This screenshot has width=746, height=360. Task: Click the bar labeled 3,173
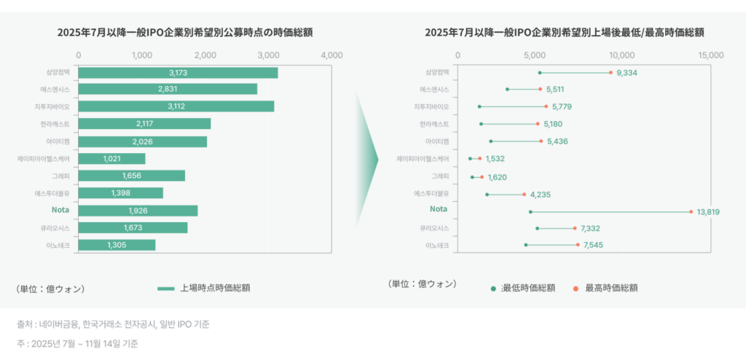pyautogui.click(x=178, y=73)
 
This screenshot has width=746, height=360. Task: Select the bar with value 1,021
pyautogui.click(x=111, y=159)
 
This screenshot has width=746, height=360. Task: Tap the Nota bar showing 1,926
pyautogui.click(x=138, y=211)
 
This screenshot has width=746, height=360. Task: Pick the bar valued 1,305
pyautogui.click(x=117, y=245)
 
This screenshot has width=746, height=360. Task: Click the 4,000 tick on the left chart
pyautogui.click(x=331, y=55)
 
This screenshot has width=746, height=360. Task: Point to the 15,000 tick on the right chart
pyautogui.click(x=711, y=55)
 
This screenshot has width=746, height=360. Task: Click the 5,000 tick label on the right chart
pyautogui.click(x=535, y=55)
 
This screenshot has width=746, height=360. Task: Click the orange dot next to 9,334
pyautogui.click(x=610, y=73)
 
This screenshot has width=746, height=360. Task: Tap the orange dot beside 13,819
pyautogui.click(x=691, y=211)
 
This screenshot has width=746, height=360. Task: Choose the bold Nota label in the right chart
pyautogui.click(x=438, y=209)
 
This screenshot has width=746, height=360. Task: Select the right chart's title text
pyautogui.click(x=564, y=33)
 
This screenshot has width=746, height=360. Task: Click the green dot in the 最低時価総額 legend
pyautogui.click(x=493, y=289)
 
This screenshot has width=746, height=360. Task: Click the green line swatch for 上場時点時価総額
pyautogui.click(x=166, y=289)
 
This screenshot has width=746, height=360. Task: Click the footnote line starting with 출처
pyautogui.click(x=113, y=324)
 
